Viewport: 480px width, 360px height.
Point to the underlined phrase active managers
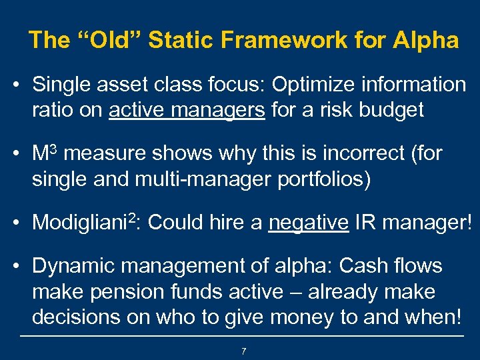187,110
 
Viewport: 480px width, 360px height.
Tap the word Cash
364,266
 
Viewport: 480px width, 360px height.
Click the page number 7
244,351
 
